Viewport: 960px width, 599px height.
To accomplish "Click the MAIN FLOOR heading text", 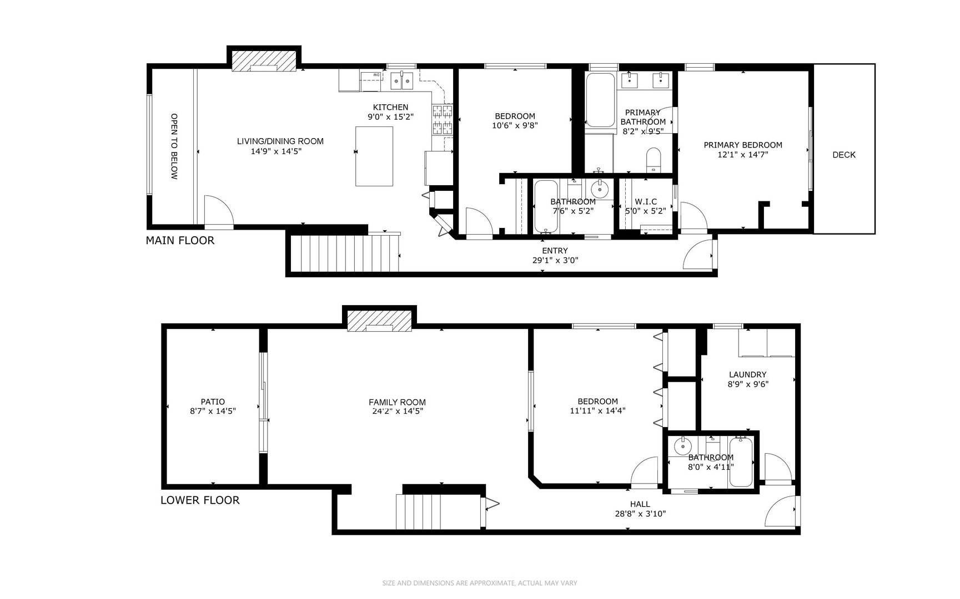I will [x=179, y=241].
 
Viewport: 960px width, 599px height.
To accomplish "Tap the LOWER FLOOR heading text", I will [x=200, y=500].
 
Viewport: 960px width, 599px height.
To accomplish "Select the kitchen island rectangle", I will [x=374, y=156].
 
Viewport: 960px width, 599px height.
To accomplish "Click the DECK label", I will [x=843, y=155].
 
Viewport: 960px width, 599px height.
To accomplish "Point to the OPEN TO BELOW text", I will [x=174, y=146].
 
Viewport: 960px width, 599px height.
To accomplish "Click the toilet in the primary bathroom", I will [x=653, y=159].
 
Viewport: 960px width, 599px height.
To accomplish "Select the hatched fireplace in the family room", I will [x=379, y=321].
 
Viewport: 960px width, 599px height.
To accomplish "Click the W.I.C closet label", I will [x=645, y=201].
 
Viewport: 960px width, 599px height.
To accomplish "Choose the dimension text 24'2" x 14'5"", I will [x=397, y=412].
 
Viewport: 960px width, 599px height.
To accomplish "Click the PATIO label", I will [x=213, y=402].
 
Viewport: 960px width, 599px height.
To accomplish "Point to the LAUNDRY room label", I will [x=747, y=374].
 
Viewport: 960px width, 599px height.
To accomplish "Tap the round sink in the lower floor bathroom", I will [x=682, y=445].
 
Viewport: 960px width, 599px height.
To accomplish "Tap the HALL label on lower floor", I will [x=640, y=504].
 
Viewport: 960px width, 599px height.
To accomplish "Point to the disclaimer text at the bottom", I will [x=480, y=583].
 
